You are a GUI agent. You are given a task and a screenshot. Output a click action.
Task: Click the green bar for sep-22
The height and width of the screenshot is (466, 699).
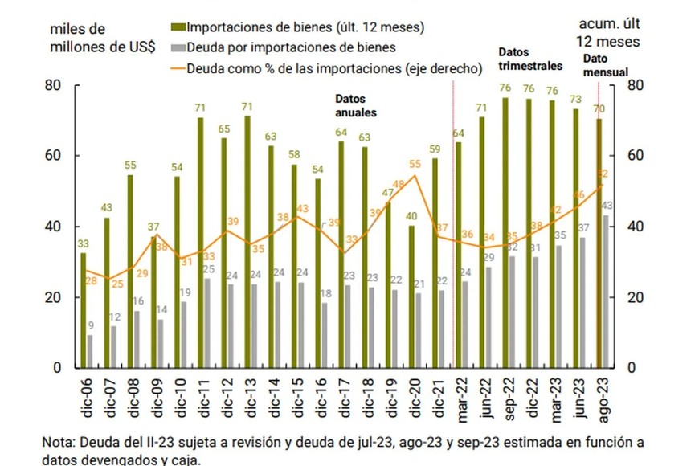click(x=505, y=232)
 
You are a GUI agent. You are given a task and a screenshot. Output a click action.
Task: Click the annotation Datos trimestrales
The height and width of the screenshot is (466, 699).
click(x=530, y=59)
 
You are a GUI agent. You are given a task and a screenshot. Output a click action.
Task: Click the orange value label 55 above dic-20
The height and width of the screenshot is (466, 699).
click(x=415, y=165)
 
